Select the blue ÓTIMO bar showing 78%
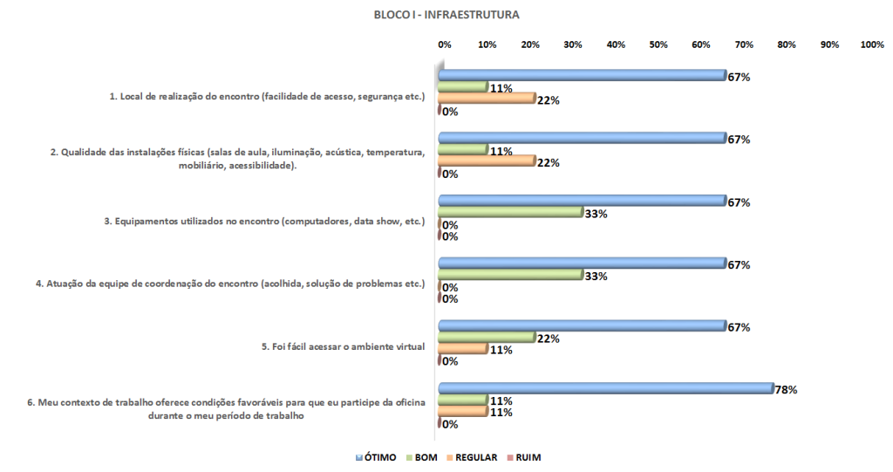point(606,388)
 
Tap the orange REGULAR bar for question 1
point(486,99)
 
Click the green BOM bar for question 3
point(509,212)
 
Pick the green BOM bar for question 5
point(486,338)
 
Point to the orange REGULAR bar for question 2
point(486,162)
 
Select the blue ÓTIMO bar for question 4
point(582,263)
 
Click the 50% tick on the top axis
point(658,44)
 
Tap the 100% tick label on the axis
point(871,44)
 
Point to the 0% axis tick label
point(444,44)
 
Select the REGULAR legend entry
point(472,457)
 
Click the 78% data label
point(786,389)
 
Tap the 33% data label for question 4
point(595,276)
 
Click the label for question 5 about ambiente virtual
point(344,346)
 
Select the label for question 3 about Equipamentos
point(264,222)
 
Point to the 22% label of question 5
point(548,339)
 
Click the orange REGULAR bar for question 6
point(462,412)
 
